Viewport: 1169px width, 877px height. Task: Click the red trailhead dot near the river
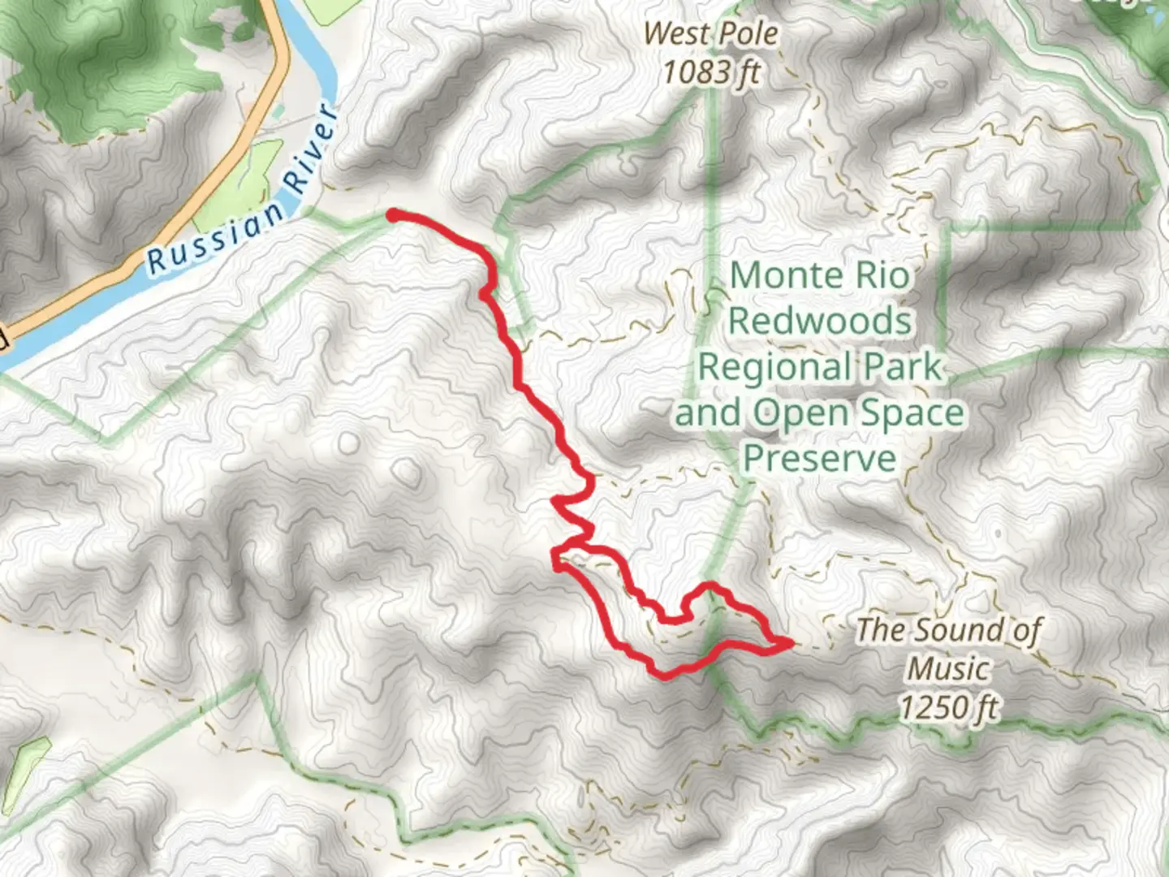(x=392, y=215)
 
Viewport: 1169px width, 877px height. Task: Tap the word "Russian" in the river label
(x=216, y=238)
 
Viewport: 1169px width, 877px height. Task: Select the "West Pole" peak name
(x=710, y=34)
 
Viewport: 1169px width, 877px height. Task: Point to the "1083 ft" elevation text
(x=711, y=73)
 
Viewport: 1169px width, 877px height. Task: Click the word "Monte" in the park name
(x=782, y=275)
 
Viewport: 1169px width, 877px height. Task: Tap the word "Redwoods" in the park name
(x=819, y=321)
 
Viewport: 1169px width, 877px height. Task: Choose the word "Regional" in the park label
(x=774, y=367)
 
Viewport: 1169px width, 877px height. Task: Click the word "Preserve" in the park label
(x=820, y=459)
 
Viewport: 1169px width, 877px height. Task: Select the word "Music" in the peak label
(x=947, y=669)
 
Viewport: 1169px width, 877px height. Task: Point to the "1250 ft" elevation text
(x=947, y=707)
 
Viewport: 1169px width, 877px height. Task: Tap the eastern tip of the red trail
(x=790, y=644)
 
